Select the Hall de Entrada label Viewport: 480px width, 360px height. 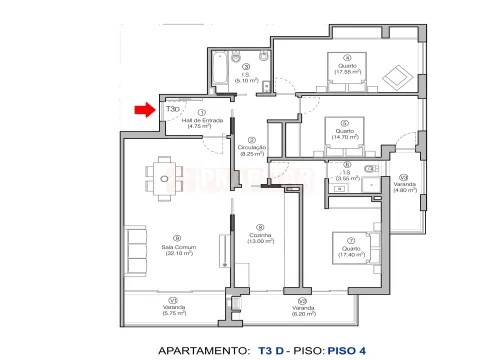coord(204,121)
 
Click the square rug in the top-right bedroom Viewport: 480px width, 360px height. coord(396,75)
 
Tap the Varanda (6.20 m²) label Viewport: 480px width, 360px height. coord(299,309)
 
